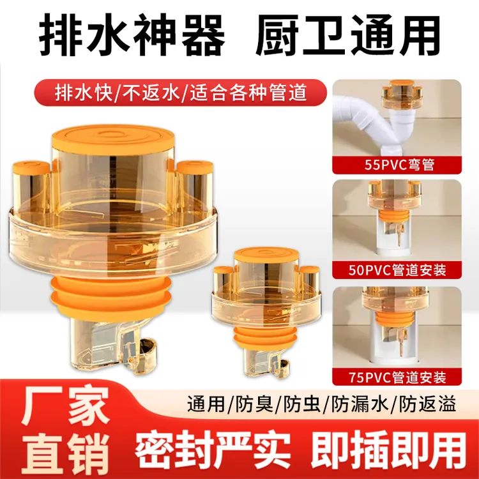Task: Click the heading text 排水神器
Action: [x=132, y=36]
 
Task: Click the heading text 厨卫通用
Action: [x=347, y=36]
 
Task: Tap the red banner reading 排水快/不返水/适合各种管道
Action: [x=180, y=92]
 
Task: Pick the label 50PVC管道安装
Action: [x=397, y=270]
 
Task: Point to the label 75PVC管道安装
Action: [x=397, y=377]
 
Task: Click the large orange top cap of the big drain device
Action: [x=113, y=139]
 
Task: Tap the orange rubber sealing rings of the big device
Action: [x=110, y=297]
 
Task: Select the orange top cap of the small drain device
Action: [x=266, y=255]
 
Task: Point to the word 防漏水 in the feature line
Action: [x=360, y=404]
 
